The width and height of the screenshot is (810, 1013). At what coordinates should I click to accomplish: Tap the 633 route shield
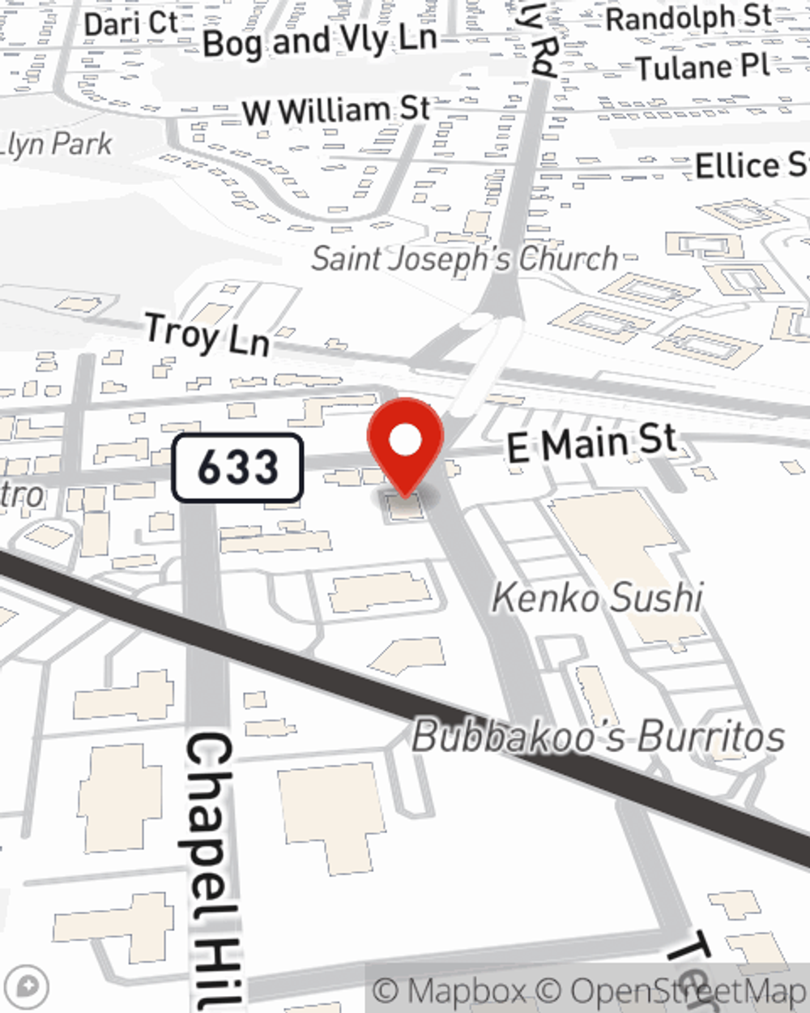click(237, 468)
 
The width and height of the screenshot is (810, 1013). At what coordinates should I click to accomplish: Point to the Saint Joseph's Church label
click(465, 259)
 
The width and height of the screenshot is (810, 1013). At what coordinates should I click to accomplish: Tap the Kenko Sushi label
click(598, 598)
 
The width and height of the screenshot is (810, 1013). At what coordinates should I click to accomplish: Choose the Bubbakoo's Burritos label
click(599, 737)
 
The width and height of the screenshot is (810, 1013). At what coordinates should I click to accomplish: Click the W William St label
click(336, 110)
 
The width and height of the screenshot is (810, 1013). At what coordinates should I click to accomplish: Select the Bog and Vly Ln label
click(320, 41)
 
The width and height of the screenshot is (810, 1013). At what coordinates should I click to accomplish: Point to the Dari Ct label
click(130, 23)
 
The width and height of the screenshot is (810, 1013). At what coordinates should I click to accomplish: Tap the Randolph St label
click(688, 17)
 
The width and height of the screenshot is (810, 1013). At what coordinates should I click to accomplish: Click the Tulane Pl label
click(702, 66)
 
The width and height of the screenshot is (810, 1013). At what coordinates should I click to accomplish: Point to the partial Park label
click(57, 144)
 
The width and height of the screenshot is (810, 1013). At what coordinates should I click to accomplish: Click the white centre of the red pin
click(405, 441)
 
